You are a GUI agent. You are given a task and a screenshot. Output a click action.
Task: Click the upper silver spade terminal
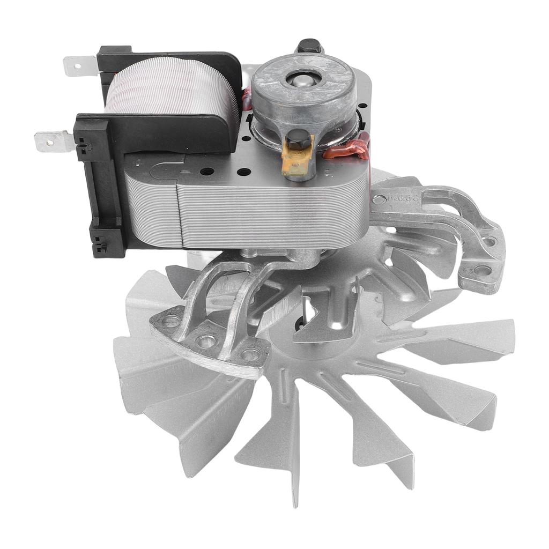click(79, 66)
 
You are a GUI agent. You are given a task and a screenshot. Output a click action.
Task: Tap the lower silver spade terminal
click(53, 142)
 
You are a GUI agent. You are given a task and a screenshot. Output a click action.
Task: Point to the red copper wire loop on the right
click(348, 150)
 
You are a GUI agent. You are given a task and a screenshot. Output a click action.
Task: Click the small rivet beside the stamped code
click(379, 200)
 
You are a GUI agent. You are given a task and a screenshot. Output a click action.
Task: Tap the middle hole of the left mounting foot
click(206, 340)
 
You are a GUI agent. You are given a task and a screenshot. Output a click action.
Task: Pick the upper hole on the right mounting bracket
click(489, 241)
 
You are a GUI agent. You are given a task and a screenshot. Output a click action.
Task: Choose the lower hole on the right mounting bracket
click(482, 270)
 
